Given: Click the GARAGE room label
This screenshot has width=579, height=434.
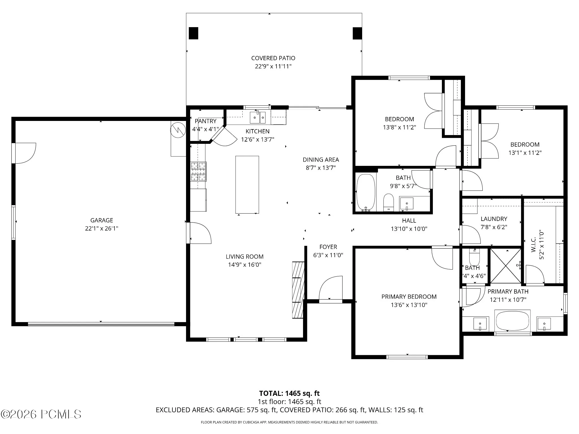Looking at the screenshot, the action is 101,220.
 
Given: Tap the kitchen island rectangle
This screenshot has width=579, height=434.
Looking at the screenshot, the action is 247,185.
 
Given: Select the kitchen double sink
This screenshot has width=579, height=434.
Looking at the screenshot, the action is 258,118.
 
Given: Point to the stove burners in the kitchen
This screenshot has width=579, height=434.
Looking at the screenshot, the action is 198,171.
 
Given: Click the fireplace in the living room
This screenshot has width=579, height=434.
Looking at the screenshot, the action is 298,290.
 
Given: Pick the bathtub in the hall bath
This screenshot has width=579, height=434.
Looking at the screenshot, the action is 366,192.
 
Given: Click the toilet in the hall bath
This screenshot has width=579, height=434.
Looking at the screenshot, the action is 388,202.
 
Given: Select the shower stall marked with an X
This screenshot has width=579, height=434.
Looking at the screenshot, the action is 505,266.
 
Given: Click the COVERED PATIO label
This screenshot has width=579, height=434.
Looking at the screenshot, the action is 273,58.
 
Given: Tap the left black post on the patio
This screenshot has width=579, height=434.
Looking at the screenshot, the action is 193,33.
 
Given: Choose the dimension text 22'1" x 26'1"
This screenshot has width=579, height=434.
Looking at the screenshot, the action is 101,228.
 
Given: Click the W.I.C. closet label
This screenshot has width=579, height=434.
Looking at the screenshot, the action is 533,245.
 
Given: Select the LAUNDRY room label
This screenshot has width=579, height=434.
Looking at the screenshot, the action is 494,219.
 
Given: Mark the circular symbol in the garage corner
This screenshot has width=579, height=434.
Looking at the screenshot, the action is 177,130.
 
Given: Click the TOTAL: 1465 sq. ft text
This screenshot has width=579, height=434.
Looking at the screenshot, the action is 289,393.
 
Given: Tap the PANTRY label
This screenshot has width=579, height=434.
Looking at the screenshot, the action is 206,121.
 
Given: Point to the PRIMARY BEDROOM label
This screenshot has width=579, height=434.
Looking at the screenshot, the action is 409,297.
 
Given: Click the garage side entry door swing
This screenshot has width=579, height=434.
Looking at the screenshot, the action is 25,153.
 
